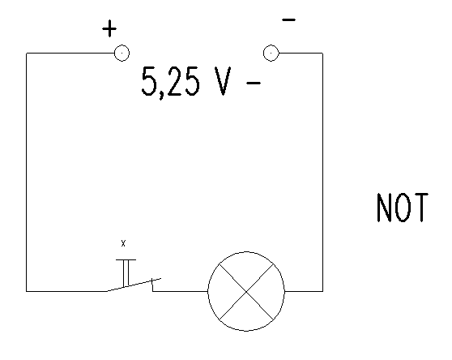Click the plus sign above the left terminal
pyautogui.click(x=109, y=28)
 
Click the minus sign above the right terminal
pyautogui.click(x=289, y=19)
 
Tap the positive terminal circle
pyautogui.click(x=122, y=53)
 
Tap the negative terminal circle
pyautogui.click(x=271, y=53)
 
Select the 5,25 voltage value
pyautogui.click(x=170, y=82)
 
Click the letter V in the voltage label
pyautogui.click(x=223, y=81)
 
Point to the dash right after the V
pyautogui.click(x=254, y=83)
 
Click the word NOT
pyautogui.click(x=403, y=208)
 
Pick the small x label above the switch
pyautogui.click(x=123, y=243)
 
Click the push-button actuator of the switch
pyautogui.click(x=126, y=272)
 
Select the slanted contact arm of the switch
pyautogui.click(x=134, y=285)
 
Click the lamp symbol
pyautogui.click(x=246, y=291)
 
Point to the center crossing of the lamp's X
pyautogui.click(x=246, y=292)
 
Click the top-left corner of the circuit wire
pyautogui.click(x=27, y=53)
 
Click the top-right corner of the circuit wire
pyautogui.click(x=322, y=53)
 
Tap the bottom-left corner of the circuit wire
pyautogui.click(x=27, y=291)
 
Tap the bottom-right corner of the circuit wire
pyautogui.click(x=322, y=291)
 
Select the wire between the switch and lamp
pyautogui.click(x=180, y=291)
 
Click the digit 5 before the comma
pyautogui.click(x=149, y=81)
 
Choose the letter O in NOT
pyautogui.click(x=403, y=208)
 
